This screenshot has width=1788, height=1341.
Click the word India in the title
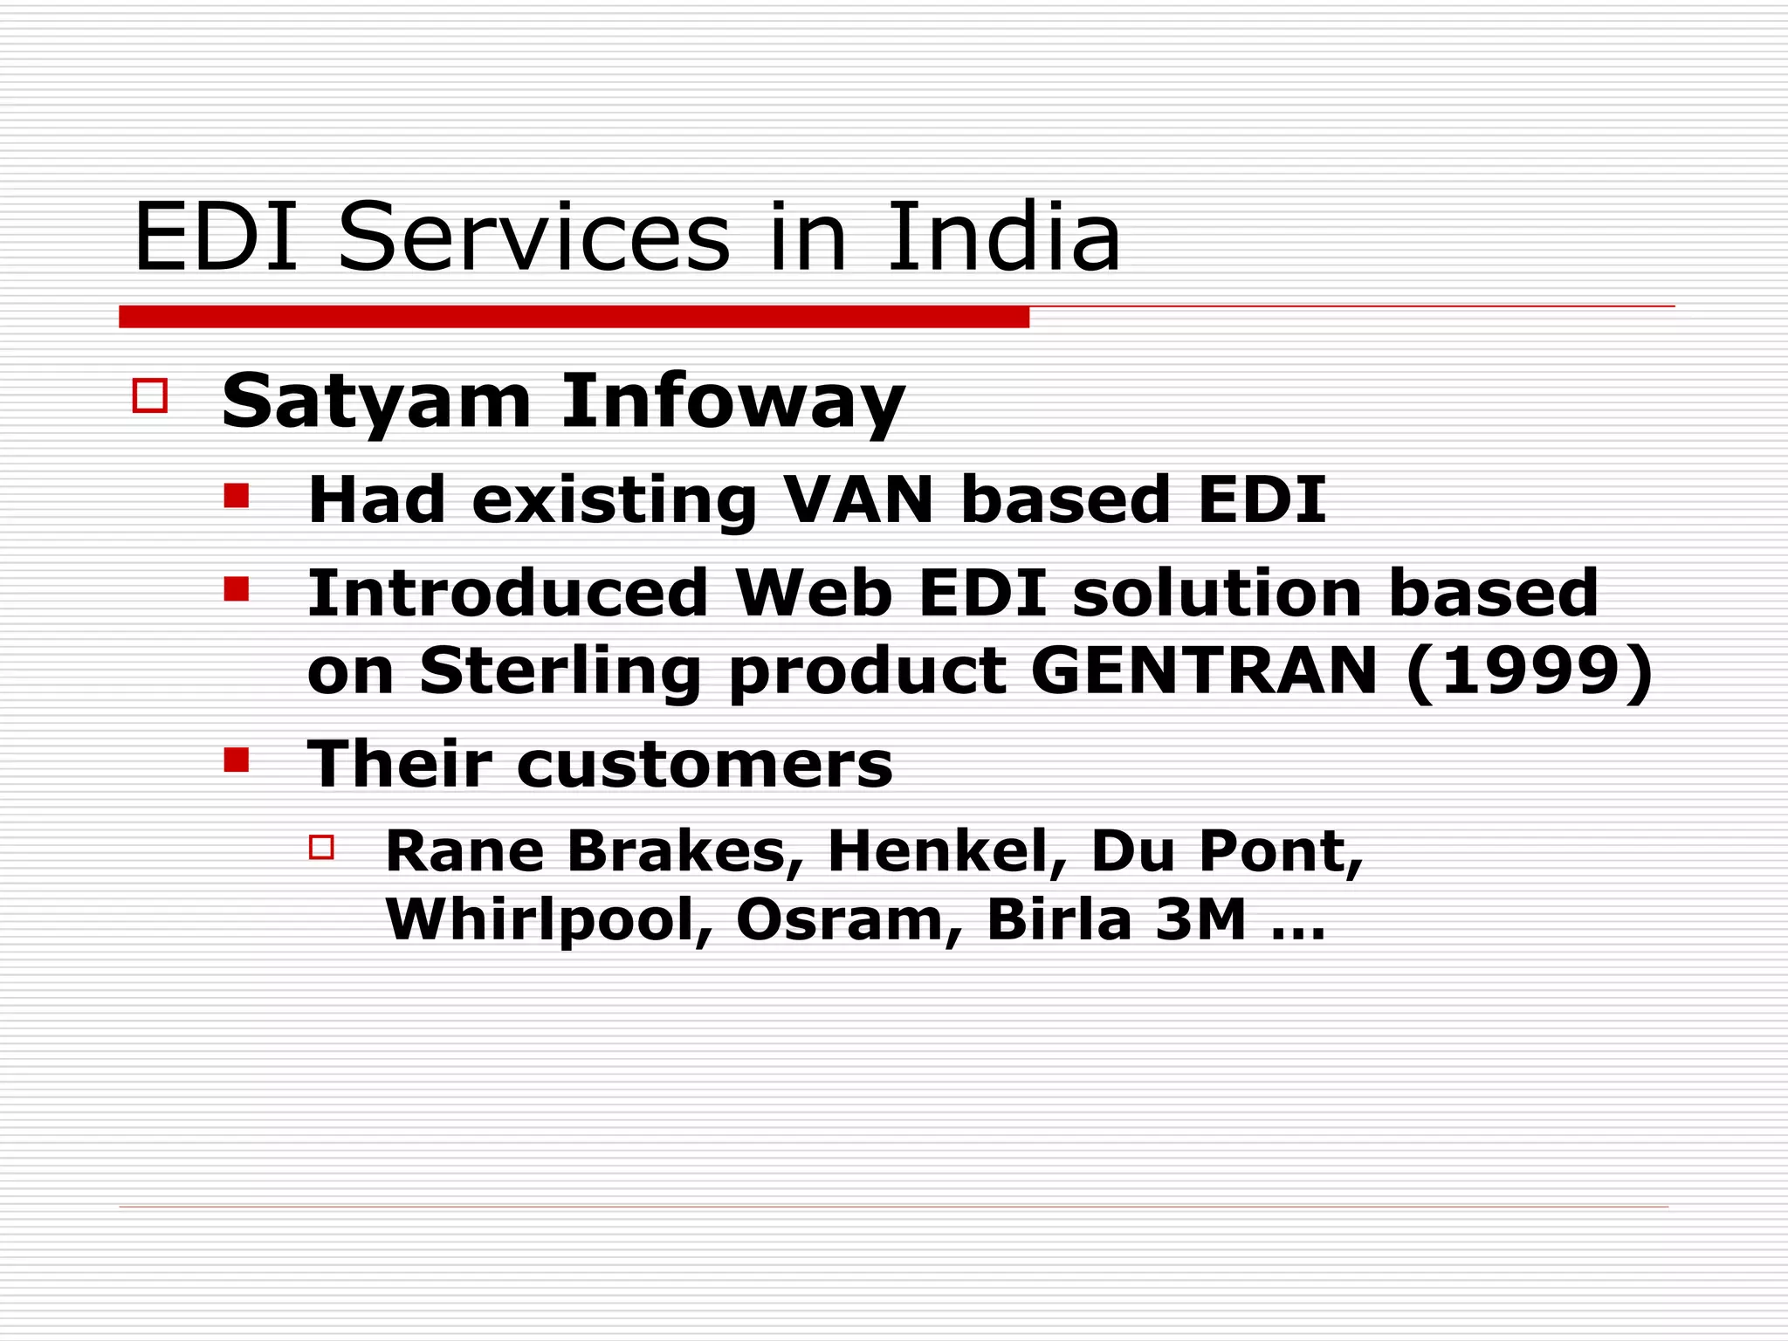click(1004, 237)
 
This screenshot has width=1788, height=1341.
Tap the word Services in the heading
click(533, 237)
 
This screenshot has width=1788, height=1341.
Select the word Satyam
click(376, 401)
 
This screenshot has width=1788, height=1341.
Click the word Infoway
click(732, 401)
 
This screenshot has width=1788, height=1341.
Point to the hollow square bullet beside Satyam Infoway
click(150, 395)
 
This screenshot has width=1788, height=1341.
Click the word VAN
click(859, 499)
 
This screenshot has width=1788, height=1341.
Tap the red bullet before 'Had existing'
click(236, 496)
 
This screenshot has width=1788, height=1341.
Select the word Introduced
click(507, 593)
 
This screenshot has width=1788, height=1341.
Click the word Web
click(814, 593)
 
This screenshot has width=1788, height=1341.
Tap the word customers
click(705, 764)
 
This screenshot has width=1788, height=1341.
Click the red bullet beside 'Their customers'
click(236, 760)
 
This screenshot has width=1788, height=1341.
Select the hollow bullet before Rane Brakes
click(322, 847)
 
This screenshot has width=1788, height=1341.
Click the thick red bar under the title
click(574, 317)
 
